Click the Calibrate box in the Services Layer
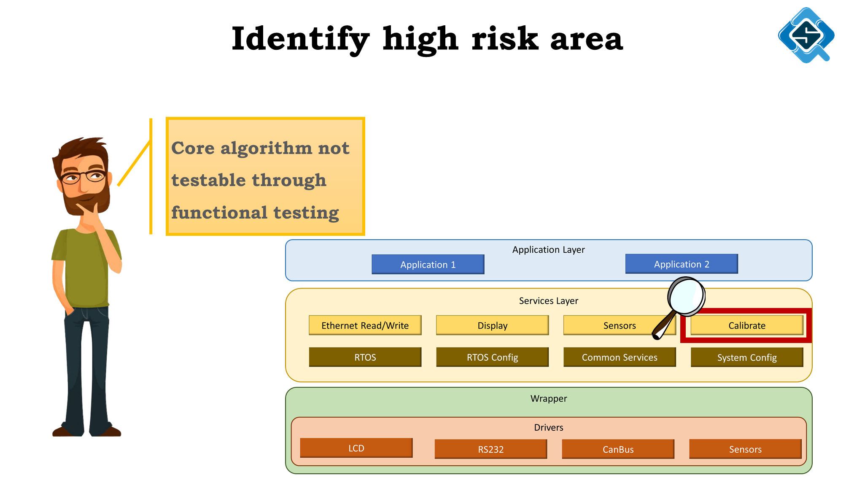click(747, 325)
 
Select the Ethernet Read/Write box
click(365, 325)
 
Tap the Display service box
click(493, 325)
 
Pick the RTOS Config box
click(493, 357)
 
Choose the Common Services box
click(620, 357)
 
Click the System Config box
click(747, 357)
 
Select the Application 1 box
click(428, 265)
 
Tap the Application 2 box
click(682, 264)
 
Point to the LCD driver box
click(356, 448)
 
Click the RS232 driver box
click(491, 449)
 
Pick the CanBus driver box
click(618, 449)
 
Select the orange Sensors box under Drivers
click(746, 449)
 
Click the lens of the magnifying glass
click(687, 296)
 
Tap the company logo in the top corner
click(806, 35)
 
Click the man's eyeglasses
click(83, 176)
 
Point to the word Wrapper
click(549, 398)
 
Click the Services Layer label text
click(549, 301)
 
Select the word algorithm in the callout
click(267, 149)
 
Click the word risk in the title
click(505, 39)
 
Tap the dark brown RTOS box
click(365, 357)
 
